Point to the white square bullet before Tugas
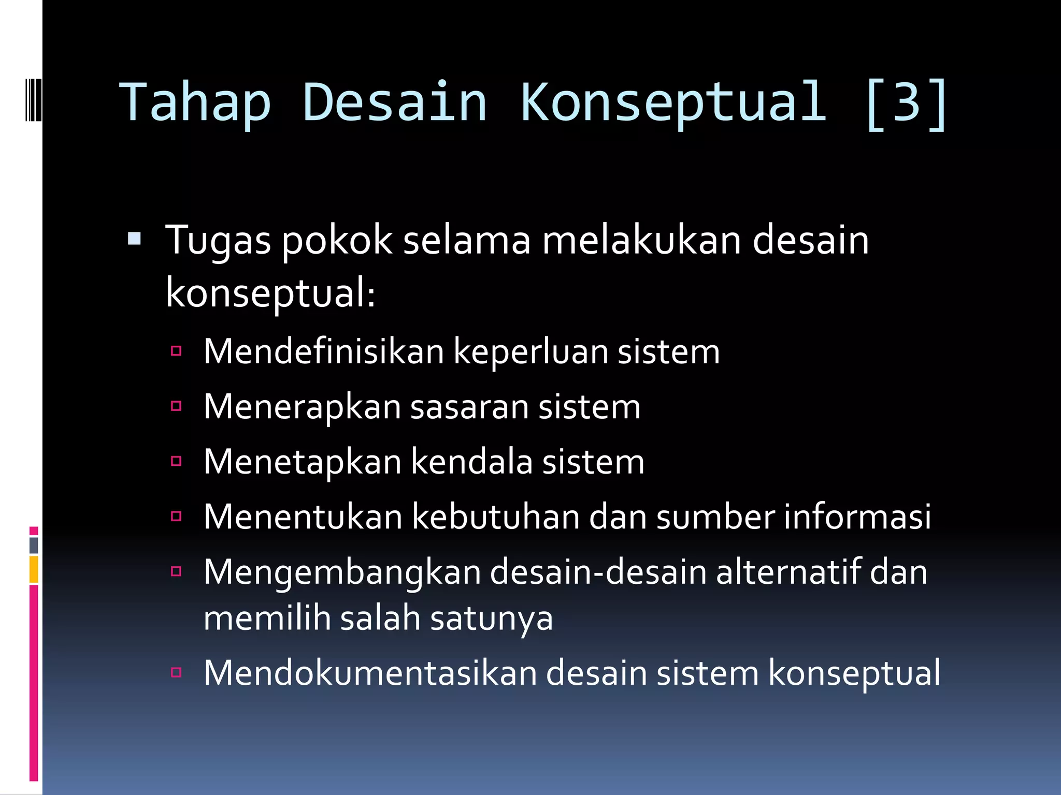click(134, 239)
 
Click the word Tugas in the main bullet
click(218, 241)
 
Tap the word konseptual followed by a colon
click(269, 293)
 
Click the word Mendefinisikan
click(323, 351)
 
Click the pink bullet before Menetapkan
click(176, 461)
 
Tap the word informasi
click(857, 517)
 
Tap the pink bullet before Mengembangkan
click(176, 571)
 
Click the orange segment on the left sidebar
click(34, 569)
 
